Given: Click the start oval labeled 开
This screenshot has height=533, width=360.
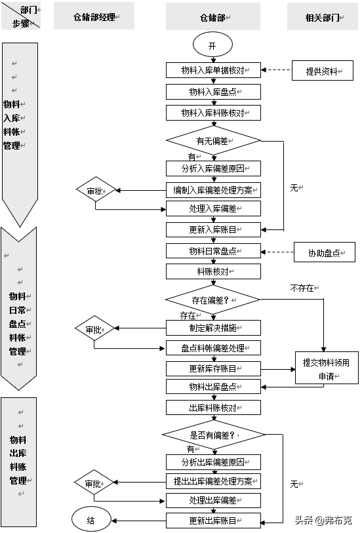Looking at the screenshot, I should [x=212, y=46].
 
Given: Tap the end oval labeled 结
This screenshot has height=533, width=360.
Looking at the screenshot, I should [x=91, y=520].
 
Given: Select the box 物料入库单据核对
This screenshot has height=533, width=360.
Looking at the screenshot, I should [x=213, y=70].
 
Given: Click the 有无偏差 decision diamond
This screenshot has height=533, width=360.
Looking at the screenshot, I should [x=213, y=140].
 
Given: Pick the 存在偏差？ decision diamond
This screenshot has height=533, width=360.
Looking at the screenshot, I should [x=213, y=300].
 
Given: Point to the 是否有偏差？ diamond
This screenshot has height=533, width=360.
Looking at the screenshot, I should [x=213, y=435].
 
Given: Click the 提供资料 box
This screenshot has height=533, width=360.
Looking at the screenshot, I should [x=322, y=71].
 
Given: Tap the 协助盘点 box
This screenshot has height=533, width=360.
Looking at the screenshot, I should [x=324, y=252].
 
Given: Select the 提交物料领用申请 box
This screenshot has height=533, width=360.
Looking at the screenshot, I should [x=326, y=369].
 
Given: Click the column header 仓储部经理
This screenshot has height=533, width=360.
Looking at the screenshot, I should [x=94, y=16].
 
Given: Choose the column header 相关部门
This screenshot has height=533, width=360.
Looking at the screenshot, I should [x=322, y=16].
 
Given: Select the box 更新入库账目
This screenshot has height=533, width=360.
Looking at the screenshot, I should [x=213, y=229].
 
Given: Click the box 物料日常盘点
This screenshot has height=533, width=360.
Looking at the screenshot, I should [x=213, y=251].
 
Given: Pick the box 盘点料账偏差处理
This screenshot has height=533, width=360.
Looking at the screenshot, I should [x=213, y=347].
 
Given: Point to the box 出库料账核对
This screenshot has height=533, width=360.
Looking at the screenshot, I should [x=213, y=407].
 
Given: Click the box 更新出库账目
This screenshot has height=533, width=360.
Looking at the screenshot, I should [x=213, y=521].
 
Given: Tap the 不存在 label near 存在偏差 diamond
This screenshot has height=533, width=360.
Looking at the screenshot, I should [x=302, y=288].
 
